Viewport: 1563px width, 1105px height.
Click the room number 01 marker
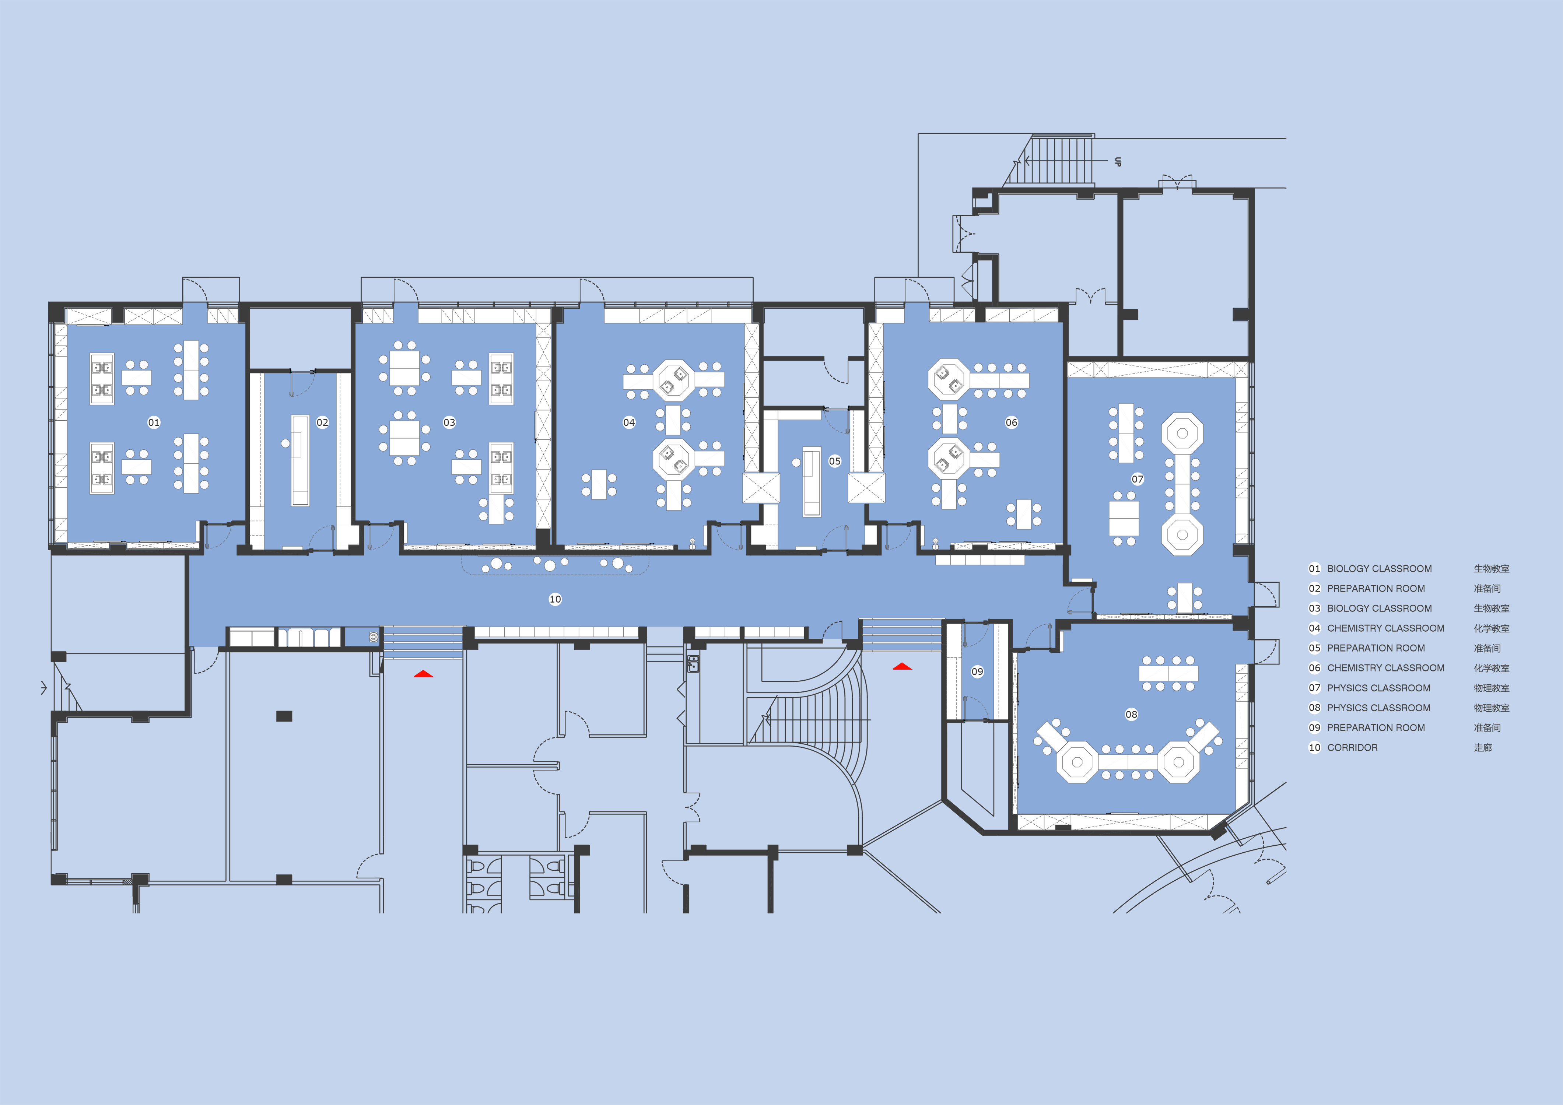point(154,422)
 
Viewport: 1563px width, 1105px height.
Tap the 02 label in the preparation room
point(322,422)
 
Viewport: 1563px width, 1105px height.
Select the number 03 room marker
point(449,422)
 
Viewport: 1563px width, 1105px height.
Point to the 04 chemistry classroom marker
point(629,422)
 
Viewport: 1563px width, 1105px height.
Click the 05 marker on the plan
point(835,461)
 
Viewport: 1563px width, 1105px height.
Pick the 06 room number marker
point(1012,422)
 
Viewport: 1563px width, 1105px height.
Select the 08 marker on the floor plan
point(1131,714)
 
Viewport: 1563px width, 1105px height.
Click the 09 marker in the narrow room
point(977,671)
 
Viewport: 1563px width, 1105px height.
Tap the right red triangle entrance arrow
point(902,667)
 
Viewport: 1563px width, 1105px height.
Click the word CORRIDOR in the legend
point(1352,748)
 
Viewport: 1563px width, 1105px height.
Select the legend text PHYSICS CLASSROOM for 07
point(1378,688)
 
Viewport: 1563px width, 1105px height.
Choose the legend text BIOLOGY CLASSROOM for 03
point(1379,608)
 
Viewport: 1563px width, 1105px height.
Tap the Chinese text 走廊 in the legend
point(1483,748)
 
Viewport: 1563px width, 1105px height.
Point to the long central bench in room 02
point(300,460)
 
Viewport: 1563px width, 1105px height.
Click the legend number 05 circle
point(1314,648)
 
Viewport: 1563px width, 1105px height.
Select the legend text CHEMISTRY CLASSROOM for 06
point(1385,668)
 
